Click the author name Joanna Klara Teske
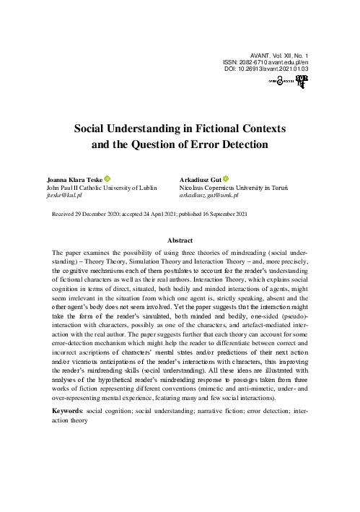tap(74, 179)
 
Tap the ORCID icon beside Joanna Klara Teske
tap(108, 179)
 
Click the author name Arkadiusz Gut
tap(200, 179)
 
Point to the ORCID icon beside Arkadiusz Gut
tap(225, 179)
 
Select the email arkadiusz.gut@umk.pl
tap(208, 195)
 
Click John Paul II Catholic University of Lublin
tap(101, 187)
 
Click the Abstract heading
tap(180, 238)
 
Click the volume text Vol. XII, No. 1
tap(292, 55)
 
